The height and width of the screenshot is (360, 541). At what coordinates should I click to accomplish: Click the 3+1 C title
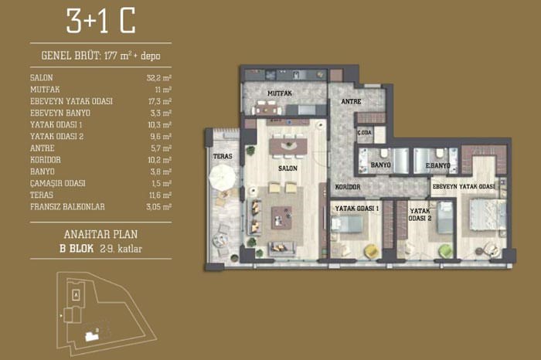pyautogui.click(x=100, y=21)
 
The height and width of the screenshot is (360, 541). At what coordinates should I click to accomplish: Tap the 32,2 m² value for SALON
pyautogui.click(x=159, y=78)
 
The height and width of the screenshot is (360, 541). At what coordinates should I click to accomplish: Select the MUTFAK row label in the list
pyautogui.click(x=45, y=90)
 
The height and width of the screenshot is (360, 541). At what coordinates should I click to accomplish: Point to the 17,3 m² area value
pyautogui.click(x=160, y=101)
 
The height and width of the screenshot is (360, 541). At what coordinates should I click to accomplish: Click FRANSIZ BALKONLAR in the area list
pyautogui.click(x=67, y=207)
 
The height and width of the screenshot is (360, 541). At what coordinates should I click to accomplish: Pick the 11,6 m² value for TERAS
pyautogui.click(x=160, y=195)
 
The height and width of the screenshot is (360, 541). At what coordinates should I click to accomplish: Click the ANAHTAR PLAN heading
pyautogui.click(x=100, y=235)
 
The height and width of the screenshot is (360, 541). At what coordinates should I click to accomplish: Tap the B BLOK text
pyautogui.click(x=77, y=249)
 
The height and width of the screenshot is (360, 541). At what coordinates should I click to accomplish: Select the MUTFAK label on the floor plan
pyautogui.click(x=280, y=93)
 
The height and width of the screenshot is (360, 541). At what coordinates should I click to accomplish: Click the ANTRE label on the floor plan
pyautogui.click(x=351, y=101)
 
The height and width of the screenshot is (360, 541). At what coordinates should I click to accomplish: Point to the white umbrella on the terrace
pyautogui.click(x=223, y=177)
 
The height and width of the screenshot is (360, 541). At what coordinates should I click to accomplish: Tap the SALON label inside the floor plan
pyautogui.click(x=288, y=168)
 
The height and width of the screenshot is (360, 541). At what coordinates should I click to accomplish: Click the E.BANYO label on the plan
pyautogui.click(x=437, y=165)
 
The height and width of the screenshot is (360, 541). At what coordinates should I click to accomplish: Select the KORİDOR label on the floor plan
pyautogui.click(x=348, y=187)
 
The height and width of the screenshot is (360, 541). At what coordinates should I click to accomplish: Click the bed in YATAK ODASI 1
pyautogui.click(x=346, y=224)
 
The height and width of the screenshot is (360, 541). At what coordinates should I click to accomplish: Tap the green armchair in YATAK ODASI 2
pyautogui.click(x=445, y=251)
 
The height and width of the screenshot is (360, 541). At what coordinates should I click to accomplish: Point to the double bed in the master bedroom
pyautogui.click(x=487, y=215)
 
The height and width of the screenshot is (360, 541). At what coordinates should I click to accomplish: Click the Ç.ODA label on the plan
pyautogui.click(x=364, y=132)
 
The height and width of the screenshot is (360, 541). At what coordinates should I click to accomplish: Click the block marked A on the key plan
pyautogui.click(x=77, y=295)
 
